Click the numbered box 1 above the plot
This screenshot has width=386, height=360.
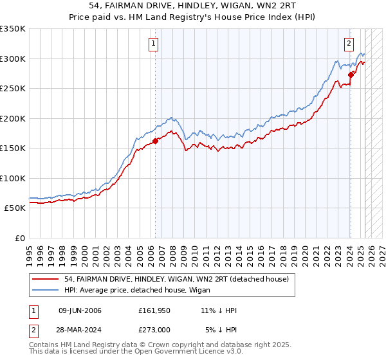pyautogui.click(x=154, y=44)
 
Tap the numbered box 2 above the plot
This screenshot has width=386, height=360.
pyautogui.click(x=349, y=44)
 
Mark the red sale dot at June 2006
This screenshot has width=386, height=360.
pyautogui.click(x=155, y=141)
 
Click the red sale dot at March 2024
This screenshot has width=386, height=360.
pyautogui.click(x=351, y=75)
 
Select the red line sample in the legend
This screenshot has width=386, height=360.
pyautogui.click(x=46, y=279)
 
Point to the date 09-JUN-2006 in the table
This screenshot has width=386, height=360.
pyautogui.click(x=80, y=310)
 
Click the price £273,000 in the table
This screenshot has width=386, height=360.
pyautogui.click(x=155, y=330)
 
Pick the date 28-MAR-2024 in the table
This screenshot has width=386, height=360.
pyautogui.click(x=80, y=330)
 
